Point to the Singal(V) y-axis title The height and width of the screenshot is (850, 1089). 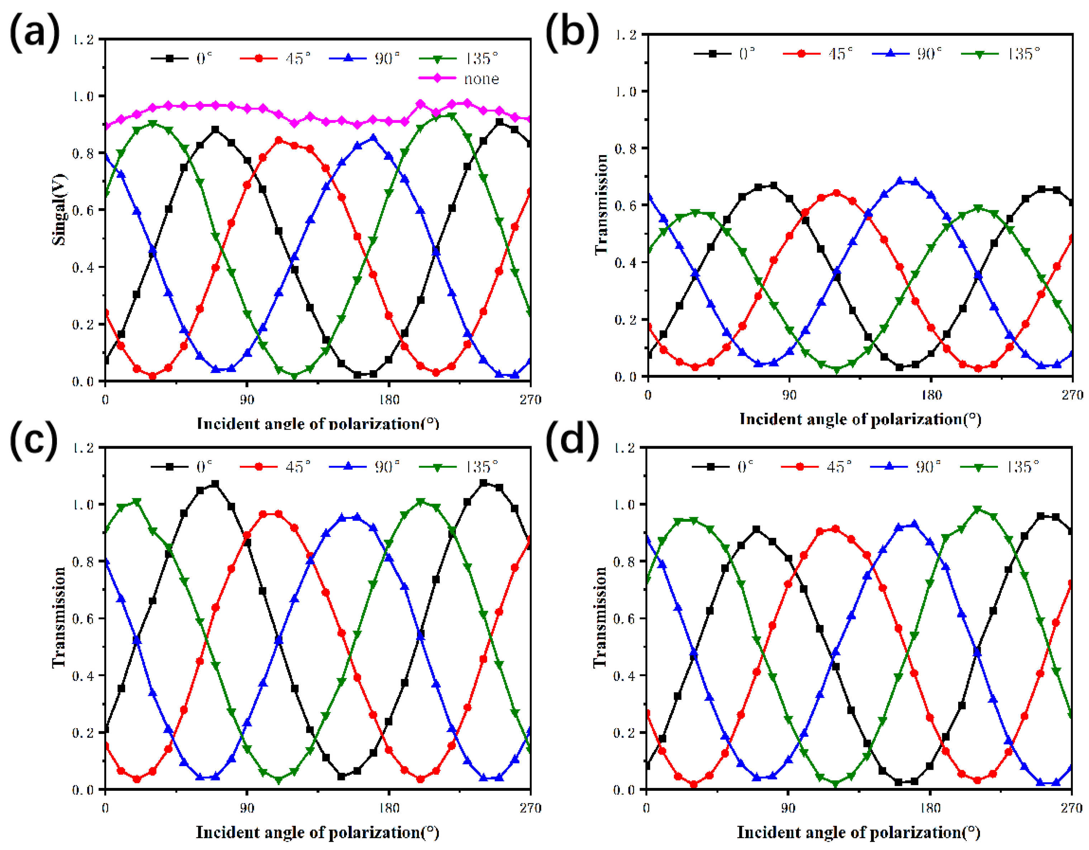(x=59, y=209)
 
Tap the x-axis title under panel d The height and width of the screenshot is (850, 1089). (x=859, y=832)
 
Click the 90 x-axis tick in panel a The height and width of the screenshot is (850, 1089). (x=246, y=400)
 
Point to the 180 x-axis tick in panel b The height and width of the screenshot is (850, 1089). (x=931, y=395)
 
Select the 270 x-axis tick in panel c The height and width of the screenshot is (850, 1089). (x=530, y=808)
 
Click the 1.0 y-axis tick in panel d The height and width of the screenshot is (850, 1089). (x=625, y=505)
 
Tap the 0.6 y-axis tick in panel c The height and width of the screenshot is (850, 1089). (x=83, y=619)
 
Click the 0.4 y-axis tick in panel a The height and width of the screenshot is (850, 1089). (x=83, y=267)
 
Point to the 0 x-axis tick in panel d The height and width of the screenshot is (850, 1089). (x=646, y=808)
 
